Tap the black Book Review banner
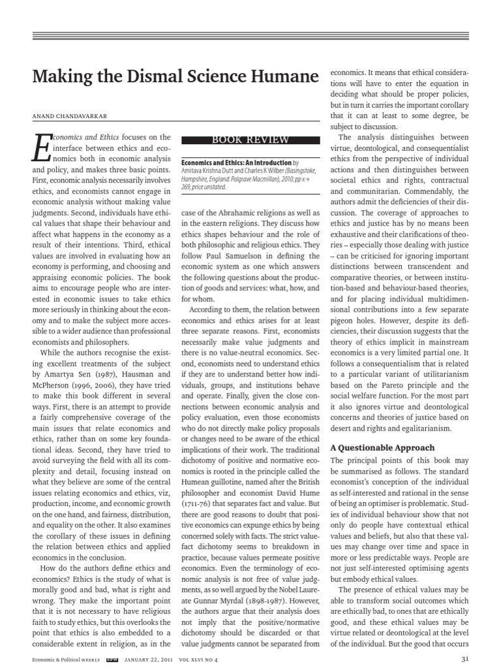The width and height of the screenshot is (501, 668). click(250, 140)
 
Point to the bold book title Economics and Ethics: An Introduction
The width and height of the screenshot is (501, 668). click(227, 161)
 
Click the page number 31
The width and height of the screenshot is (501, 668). click(464, 659)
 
